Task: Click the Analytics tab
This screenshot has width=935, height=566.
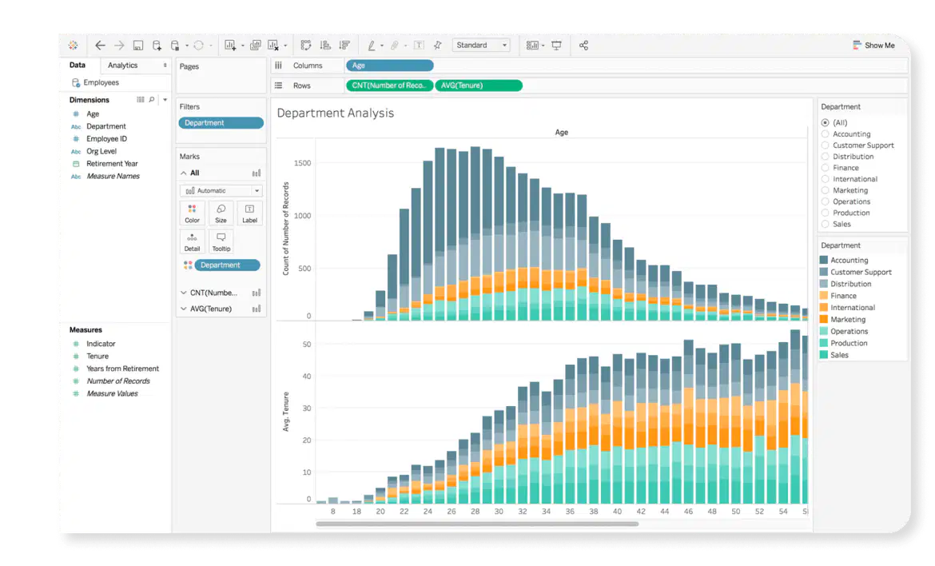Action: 122,65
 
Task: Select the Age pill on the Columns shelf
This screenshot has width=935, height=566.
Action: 389,66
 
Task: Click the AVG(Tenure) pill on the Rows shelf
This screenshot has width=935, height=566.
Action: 479,86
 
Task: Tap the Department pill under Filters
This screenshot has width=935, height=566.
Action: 221,123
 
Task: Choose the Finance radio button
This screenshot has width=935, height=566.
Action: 826,168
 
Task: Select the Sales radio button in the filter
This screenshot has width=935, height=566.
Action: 826,225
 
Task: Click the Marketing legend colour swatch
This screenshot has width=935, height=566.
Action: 823,319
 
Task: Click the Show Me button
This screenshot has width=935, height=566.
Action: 873,46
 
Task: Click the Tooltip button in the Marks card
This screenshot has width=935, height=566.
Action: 221,241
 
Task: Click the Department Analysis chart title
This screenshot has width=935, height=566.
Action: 335,114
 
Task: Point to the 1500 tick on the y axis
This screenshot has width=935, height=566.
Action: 302,163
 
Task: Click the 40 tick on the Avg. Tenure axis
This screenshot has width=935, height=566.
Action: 307,377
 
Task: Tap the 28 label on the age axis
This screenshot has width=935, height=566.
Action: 475,511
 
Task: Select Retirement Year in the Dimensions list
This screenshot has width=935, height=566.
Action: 112,163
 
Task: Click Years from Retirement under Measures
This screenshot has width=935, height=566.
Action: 123,369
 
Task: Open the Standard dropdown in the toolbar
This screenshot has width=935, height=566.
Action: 481,46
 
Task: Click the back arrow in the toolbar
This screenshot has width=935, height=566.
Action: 100,46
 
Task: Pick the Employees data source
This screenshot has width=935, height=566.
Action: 101,82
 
